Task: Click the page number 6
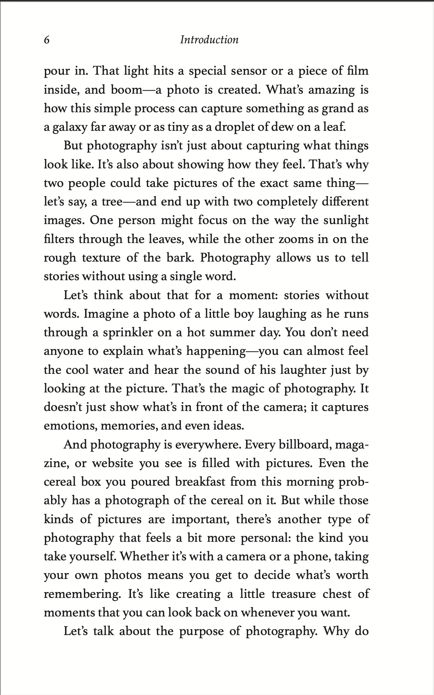click(x=46, y=40)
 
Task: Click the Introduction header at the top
click(x=209, y=40)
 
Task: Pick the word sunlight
click(x=345, y=221)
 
